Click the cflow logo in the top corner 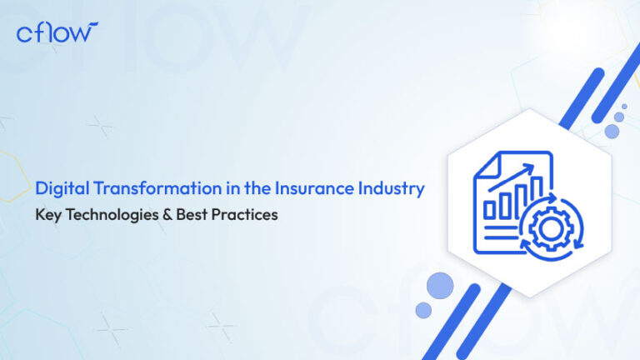[x=57, y=32]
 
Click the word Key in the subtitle [x=46, y=213]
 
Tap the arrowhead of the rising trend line [x=530, y=167]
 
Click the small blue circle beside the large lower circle [x=423, y=310]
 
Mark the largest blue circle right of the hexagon [x=612, y=130]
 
